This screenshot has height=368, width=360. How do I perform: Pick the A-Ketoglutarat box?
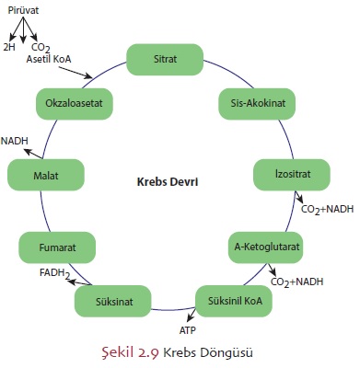(x=266, y=247)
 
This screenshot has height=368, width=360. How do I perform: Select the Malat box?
(x=45, y=174)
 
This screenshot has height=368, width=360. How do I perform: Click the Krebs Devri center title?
(x=167, y=182)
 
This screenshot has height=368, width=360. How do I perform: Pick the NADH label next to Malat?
(x=14, y=140)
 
